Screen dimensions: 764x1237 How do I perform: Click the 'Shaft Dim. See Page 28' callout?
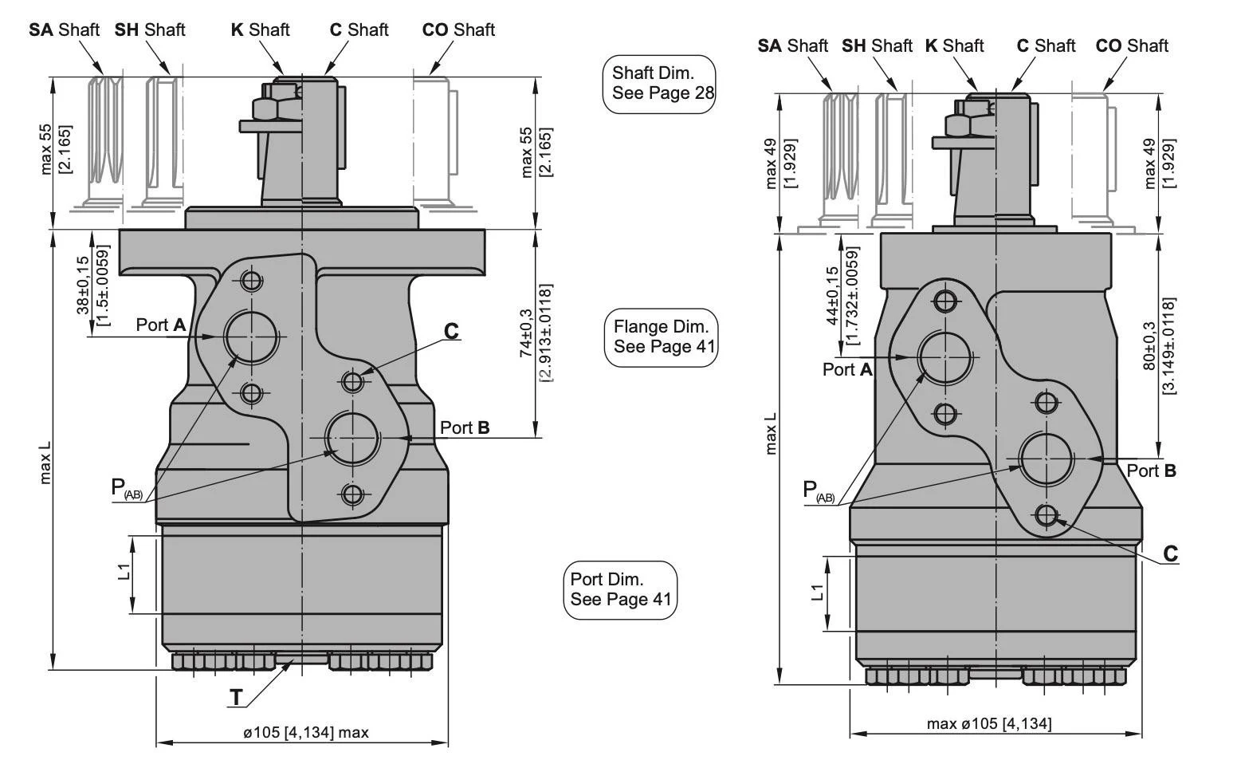(658, 84)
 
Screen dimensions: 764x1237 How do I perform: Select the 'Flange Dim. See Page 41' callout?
(661, 337)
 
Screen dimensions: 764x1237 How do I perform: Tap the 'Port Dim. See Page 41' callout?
(621, 589)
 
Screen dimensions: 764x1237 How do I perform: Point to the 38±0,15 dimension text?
(83, 285)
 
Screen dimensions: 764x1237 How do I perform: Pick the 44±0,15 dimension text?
(832, 295)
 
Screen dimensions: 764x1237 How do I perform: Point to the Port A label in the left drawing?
(161, 325)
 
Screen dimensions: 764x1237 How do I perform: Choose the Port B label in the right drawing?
(1151, 471)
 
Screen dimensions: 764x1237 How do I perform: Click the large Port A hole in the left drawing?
(251, 337)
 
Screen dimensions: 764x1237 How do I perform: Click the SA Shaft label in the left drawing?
(65, 30)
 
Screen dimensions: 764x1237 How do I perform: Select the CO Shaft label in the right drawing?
(1132, 46)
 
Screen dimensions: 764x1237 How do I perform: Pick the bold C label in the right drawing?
(1170, 553)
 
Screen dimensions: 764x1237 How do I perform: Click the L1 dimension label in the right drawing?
(816, 593)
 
